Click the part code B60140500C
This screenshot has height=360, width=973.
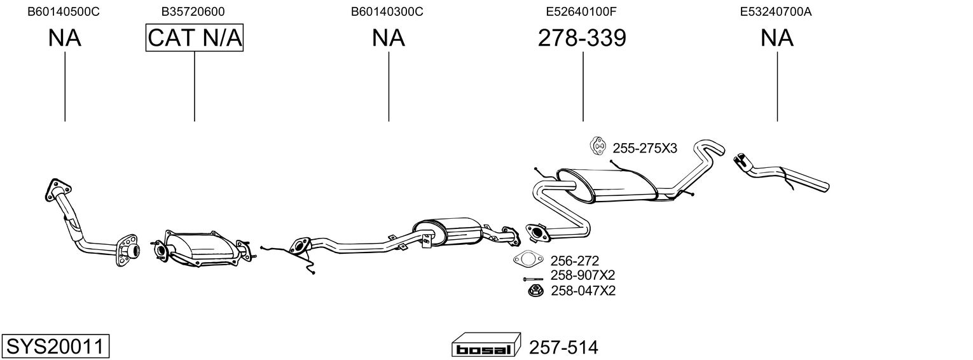(64, 11)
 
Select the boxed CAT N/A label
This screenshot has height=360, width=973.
(194, 38)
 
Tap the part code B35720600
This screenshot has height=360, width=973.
(193, 11)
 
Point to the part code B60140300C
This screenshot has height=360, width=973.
(387, 11)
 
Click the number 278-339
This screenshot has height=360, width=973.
(582, 38)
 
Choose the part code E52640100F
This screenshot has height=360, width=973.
(581, 11)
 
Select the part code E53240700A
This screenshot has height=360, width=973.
(776, 11)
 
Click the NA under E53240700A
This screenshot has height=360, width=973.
(776, 38)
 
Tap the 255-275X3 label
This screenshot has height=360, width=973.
(645, 149)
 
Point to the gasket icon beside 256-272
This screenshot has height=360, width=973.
(528, 260)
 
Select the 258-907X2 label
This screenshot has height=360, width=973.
(583, 275)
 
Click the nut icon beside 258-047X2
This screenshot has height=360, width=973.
(535, 290)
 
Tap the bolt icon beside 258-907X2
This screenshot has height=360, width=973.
(533, 279)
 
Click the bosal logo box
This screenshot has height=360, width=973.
(486, 345)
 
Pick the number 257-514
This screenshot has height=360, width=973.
(563, 348)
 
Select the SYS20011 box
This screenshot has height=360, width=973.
(55, 346)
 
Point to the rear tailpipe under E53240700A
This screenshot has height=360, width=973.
(781, 174)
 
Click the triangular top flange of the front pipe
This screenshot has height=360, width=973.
(57, 190)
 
